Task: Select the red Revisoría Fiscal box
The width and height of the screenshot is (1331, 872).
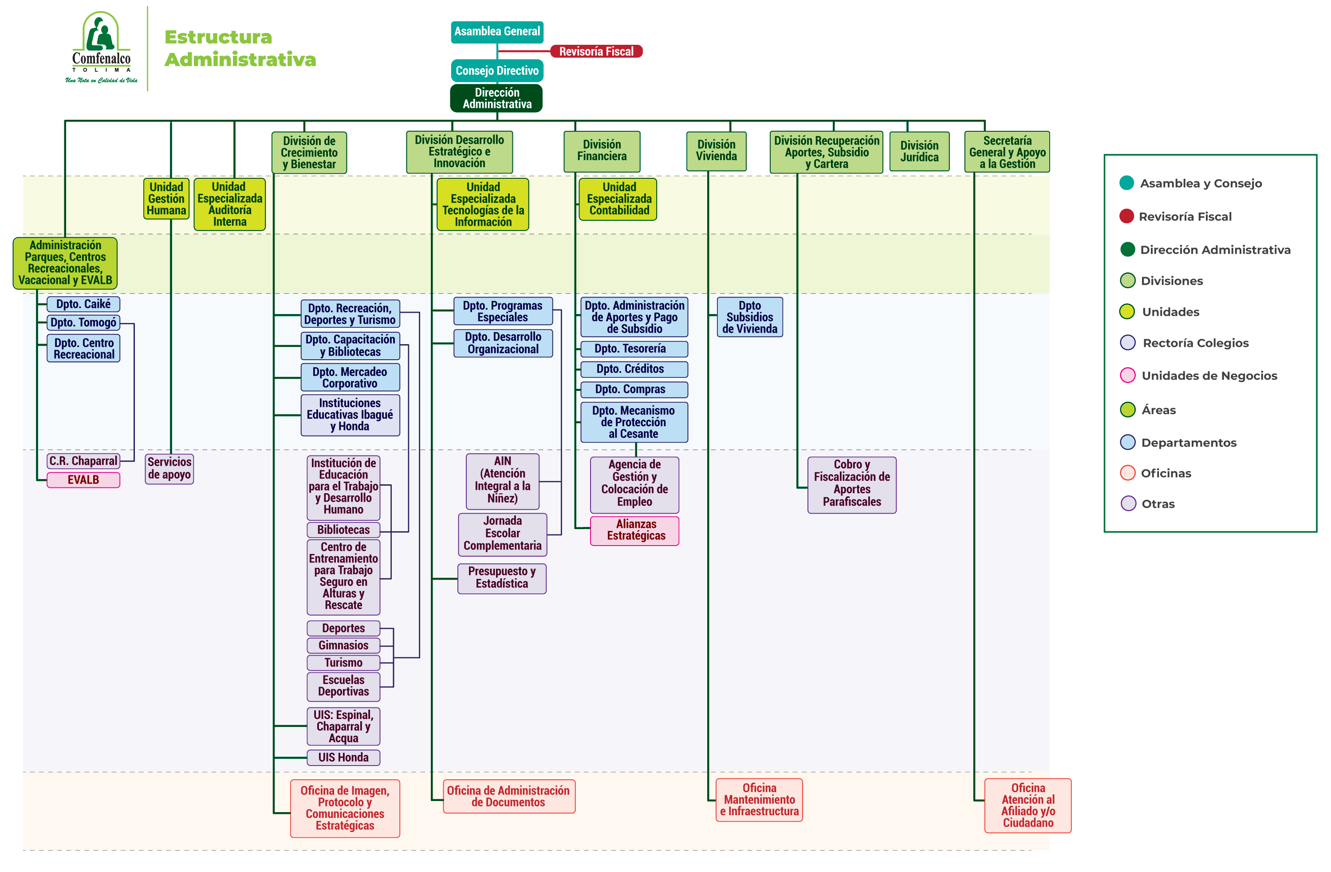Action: point(596,51)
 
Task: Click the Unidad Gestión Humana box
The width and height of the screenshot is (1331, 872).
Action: point(166,198)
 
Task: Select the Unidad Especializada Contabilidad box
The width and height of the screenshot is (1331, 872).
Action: point(618,198)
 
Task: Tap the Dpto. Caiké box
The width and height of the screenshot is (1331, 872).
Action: point(83,304)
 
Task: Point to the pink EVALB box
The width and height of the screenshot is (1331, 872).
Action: point(83,479)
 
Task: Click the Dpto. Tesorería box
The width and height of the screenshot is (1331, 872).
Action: point(634,349)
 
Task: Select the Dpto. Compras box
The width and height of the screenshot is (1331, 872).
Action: point(634,389)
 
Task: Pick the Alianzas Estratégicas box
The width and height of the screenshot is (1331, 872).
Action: point(635,530)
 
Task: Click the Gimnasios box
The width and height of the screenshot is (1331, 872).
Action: point(343,645)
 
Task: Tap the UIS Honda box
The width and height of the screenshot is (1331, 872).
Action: point(343,758)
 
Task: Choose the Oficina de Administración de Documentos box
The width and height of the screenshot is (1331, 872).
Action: point(508,796)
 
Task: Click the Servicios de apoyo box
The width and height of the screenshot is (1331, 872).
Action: point(169,468)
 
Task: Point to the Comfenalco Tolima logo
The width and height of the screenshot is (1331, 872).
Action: point(101,48)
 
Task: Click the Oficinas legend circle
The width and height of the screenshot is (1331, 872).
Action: point(1127,473)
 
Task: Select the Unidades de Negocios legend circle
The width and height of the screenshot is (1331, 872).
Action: point(1127,375)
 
